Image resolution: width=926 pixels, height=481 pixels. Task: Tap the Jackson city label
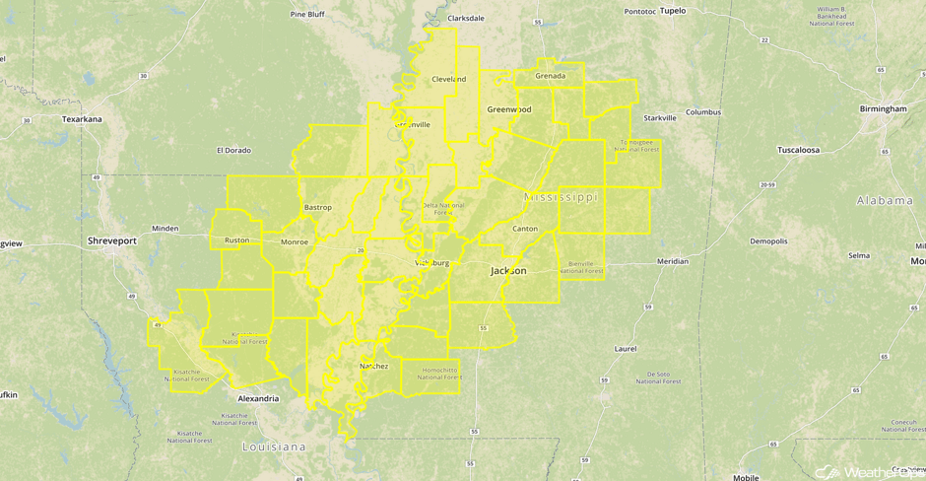point(508,270)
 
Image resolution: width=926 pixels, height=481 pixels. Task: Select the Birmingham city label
point(882,108)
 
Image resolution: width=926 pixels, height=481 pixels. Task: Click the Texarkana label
point(82,119)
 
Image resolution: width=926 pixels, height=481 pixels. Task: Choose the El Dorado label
point(233,151)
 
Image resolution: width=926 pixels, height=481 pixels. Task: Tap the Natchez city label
point(373,366)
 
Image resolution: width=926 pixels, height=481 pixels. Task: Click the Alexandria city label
point(258,399)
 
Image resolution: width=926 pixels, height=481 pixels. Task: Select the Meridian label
point(673,261)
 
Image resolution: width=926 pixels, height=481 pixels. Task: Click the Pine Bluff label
point(307,15)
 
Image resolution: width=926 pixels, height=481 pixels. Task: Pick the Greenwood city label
point(509,109)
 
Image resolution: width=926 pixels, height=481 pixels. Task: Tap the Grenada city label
point(550,76)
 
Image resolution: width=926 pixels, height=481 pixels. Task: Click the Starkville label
point(660,117)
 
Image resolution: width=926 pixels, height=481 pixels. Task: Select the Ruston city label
point(237,240)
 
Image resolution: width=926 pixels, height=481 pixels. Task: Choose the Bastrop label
point(318,208)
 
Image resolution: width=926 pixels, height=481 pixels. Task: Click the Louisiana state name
point(275,447)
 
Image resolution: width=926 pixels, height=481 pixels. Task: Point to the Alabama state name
point(885,200)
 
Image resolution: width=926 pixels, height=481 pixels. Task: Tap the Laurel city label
point(625,348)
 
